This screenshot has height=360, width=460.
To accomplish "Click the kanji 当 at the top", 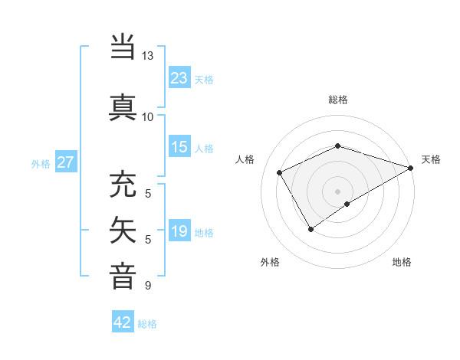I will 123,47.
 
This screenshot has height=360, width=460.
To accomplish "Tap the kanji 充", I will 123,185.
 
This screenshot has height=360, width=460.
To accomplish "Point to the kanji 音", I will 123,276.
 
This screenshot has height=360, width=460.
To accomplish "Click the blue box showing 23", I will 179,78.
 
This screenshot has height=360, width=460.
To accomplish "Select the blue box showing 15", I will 179,147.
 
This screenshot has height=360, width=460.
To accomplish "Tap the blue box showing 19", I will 179,231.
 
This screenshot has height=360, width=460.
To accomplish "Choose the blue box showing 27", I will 66,162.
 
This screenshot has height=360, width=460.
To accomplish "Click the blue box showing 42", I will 123,322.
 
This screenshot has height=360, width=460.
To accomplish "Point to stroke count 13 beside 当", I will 147,56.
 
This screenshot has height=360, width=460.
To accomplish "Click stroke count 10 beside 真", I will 147,116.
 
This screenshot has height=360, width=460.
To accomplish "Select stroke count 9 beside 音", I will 147,286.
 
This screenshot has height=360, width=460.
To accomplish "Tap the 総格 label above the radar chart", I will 337,100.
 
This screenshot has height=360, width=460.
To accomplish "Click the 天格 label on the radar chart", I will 431,159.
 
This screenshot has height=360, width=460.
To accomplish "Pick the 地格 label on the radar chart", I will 402,262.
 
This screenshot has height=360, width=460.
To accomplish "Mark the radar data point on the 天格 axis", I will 411,168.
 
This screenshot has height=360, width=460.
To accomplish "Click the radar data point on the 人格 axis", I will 280,173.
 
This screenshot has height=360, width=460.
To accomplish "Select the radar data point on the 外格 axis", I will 310,228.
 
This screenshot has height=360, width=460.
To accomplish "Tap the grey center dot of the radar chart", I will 337,191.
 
